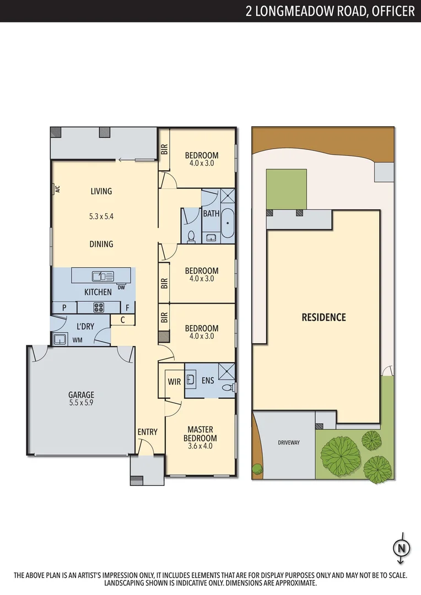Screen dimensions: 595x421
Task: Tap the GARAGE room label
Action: point(81,394)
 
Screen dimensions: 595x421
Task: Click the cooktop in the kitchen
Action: point(99,307)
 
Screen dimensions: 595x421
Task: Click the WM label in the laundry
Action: point(78,340)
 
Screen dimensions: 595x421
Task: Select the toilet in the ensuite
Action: point(228,388)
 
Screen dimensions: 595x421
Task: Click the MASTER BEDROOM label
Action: point(200,434)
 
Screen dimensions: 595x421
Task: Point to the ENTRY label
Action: point(148,432)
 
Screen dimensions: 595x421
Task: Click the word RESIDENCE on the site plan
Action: point(323,317)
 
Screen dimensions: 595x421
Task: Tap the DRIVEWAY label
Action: point(289,442)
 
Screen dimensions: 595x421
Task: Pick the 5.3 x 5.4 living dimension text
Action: point(101,217)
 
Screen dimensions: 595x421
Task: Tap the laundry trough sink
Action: point(60,339)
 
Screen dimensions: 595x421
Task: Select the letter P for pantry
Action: point(64,307)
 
